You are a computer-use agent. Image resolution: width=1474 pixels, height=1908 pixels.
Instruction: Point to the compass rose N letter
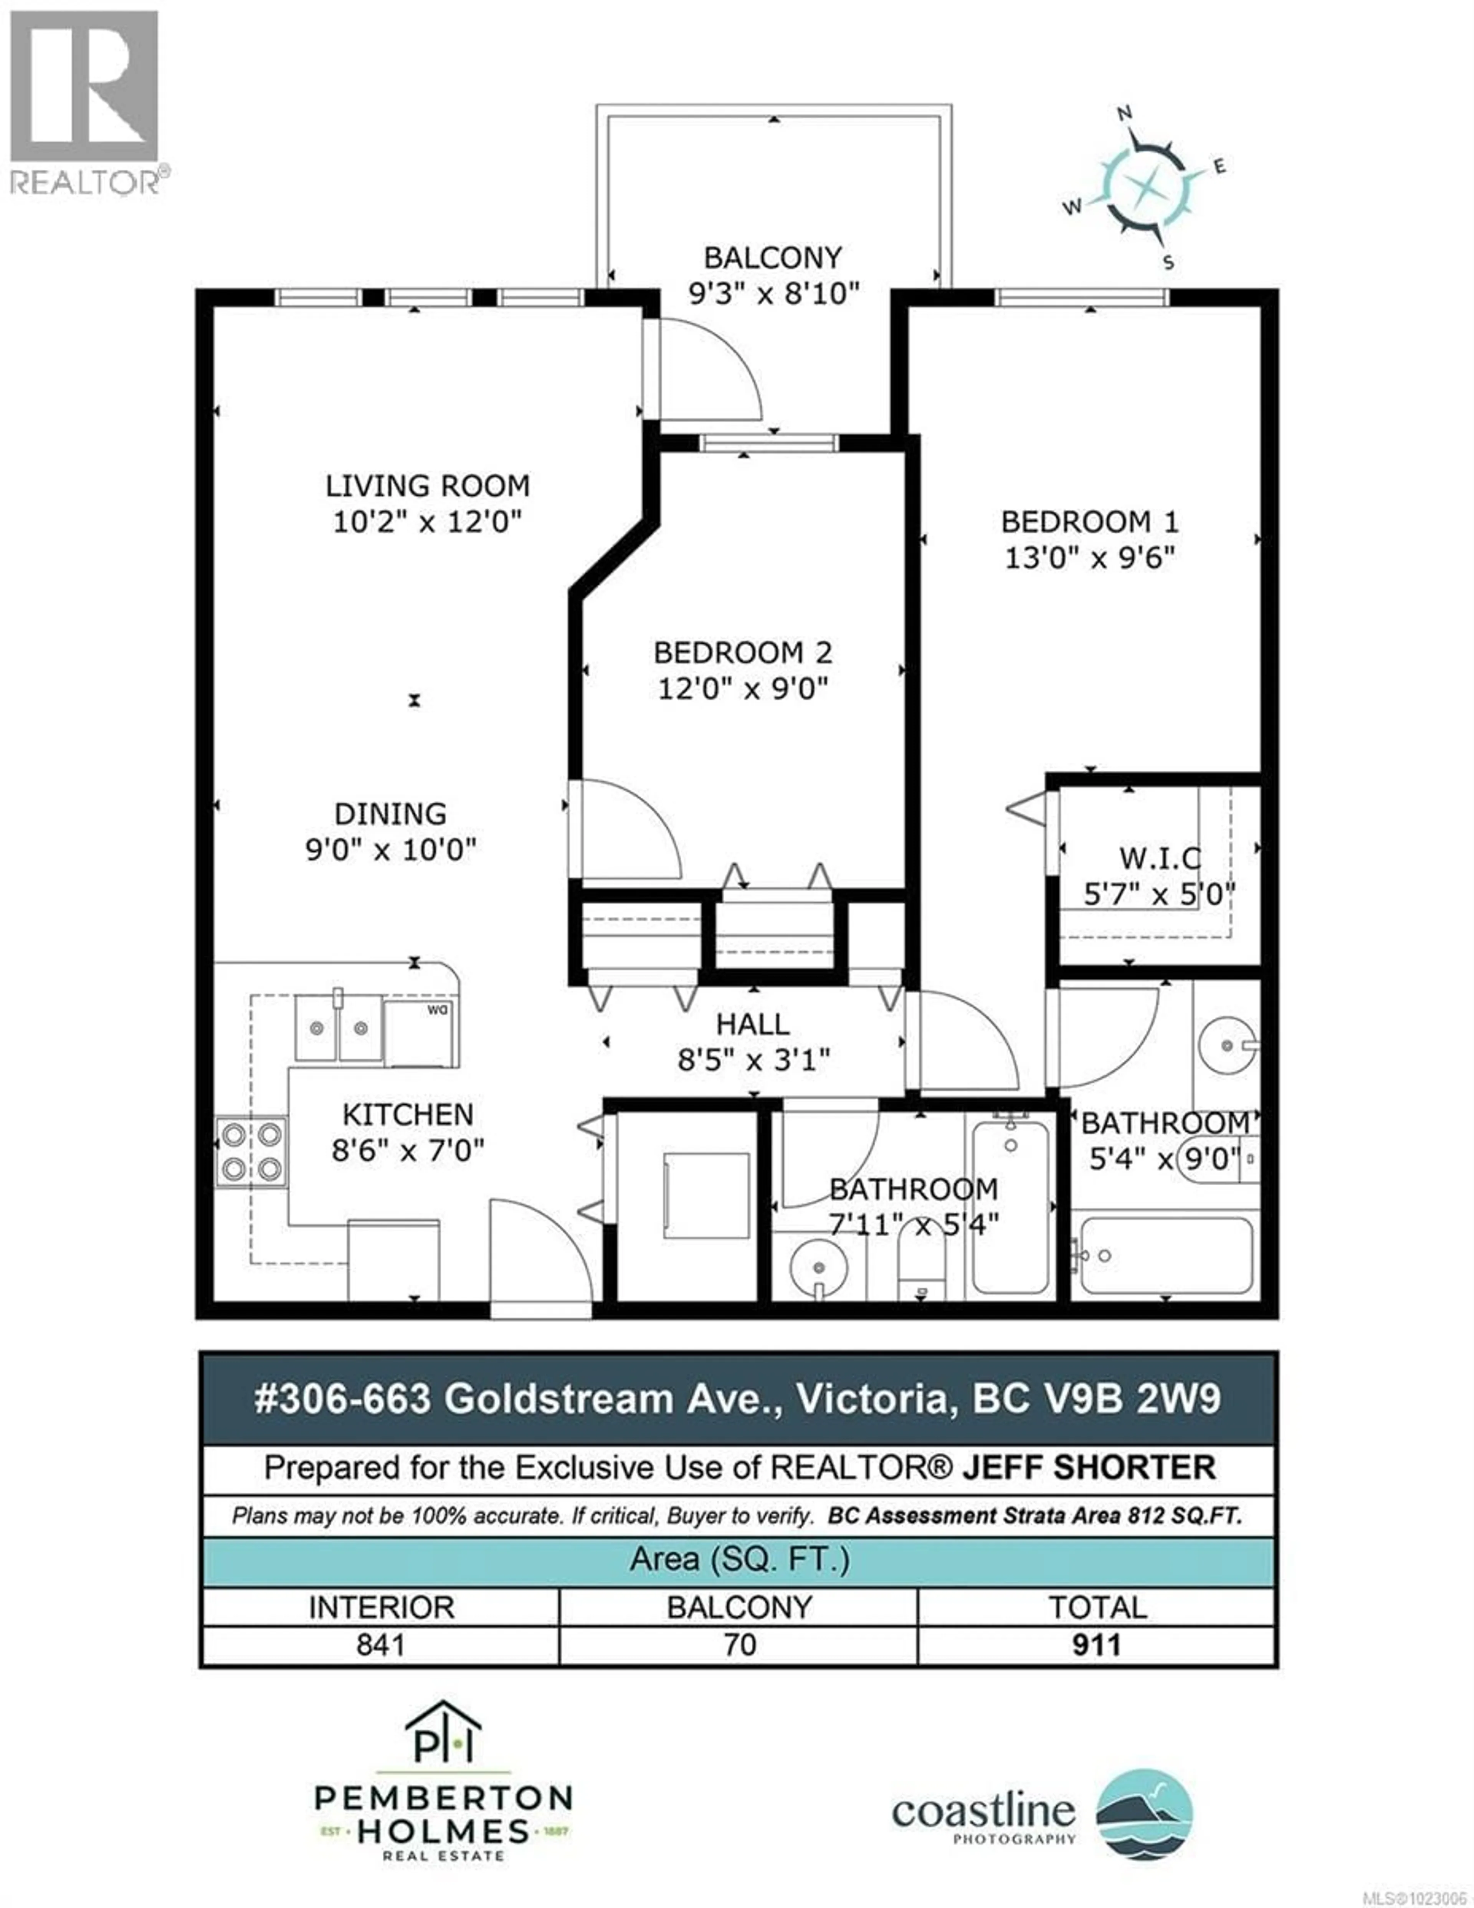click(1125, 113)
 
